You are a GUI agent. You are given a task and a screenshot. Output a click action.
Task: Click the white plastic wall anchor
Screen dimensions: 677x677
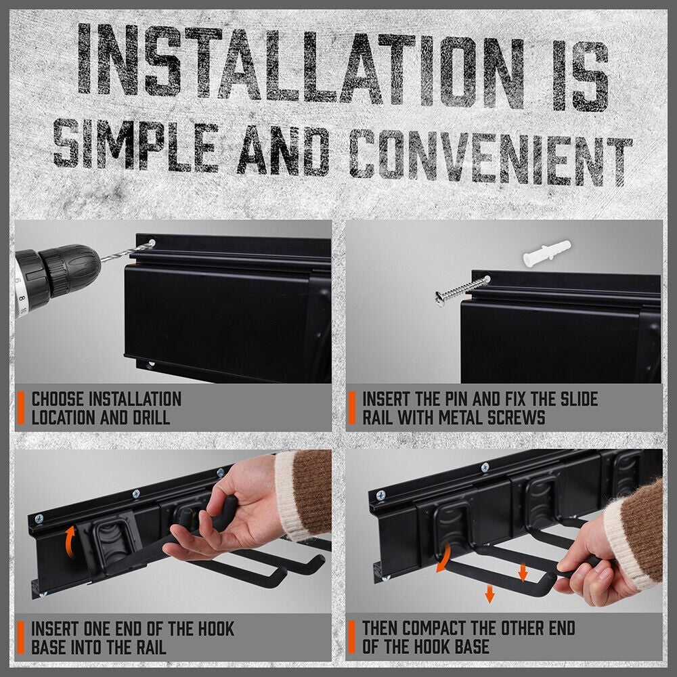click(546, 253)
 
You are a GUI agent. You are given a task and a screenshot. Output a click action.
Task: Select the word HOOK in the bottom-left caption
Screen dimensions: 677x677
click(203, 628)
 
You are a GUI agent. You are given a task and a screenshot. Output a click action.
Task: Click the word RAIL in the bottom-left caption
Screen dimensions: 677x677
click(146, 647)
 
